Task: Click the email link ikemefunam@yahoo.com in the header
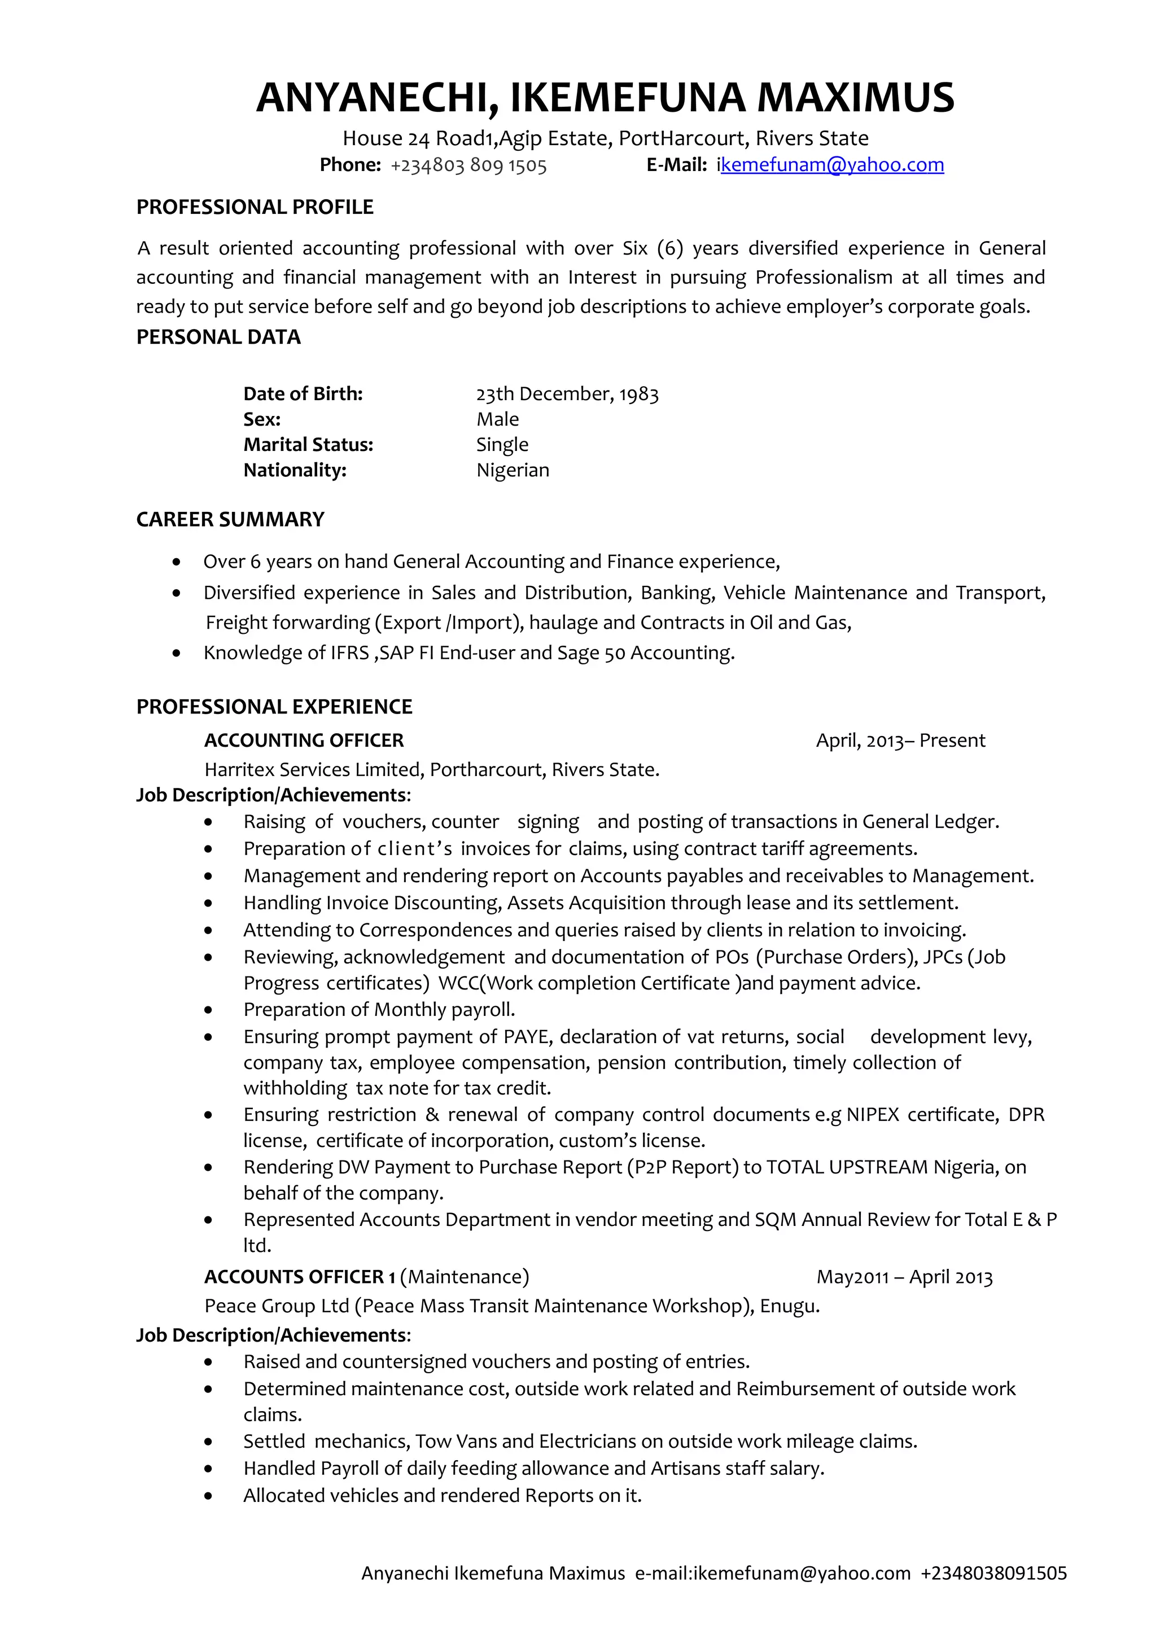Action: (x=831, y=165)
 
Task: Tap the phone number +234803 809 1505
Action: (x=468, y=166)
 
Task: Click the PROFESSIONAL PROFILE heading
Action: (x=255, y=207)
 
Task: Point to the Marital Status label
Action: (x=308, y=445)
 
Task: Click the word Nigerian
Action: (x=513, y=470)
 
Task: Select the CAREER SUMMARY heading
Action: (x=230, y=519)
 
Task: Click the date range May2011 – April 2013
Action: (x=904, y=1277)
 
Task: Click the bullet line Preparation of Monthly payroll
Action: (x=379, y=1010)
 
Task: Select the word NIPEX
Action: (x=873, y=1115)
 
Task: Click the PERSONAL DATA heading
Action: (x=218, y=338)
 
